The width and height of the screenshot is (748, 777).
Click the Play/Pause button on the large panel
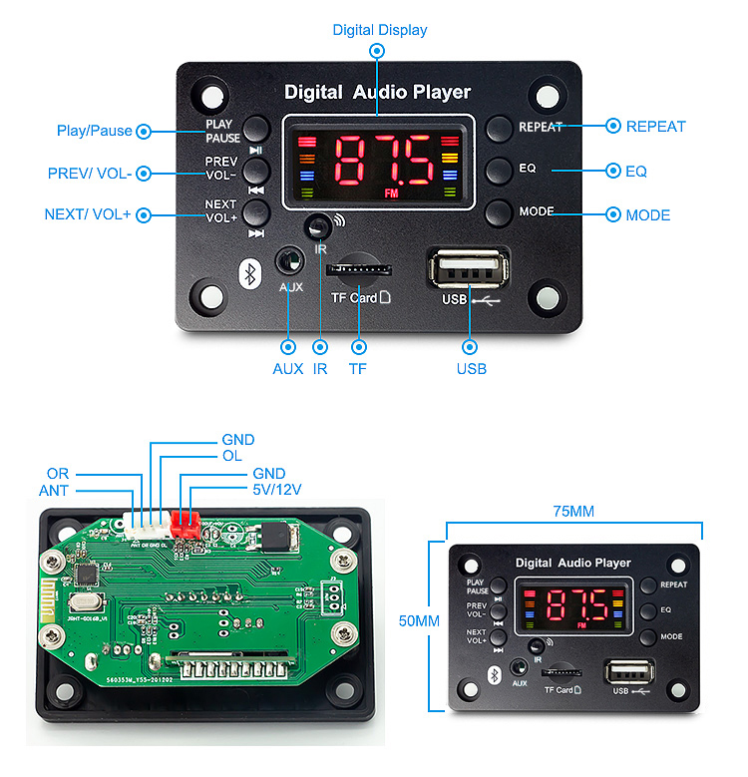[x=256, y=128]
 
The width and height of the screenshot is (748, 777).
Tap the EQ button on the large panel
[x=500, y=170]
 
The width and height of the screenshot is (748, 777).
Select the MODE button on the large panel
[x=500, y=212]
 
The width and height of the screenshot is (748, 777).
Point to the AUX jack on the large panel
[x=290, y=262]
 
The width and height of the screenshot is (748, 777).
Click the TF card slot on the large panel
[x=357, y=268]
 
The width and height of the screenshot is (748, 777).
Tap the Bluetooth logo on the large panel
[x=249, y=271]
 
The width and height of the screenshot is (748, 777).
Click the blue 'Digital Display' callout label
[x=379, y=30]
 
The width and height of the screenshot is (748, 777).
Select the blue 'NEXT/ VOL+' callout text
[x=88, y=214]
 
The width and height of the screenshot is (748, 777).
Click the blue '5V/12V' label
[x=277, y=490]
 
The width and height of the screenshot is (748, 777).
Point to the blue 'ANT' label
[x=54, y=490]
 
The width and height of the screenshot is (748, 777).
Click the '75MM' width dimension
[x=573, y=511]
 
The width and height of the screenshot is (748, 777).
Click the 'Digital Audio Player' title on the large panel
[x=377, y=93]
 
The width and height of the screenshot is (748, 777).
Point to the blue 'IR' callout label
[x=320, y=369]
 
